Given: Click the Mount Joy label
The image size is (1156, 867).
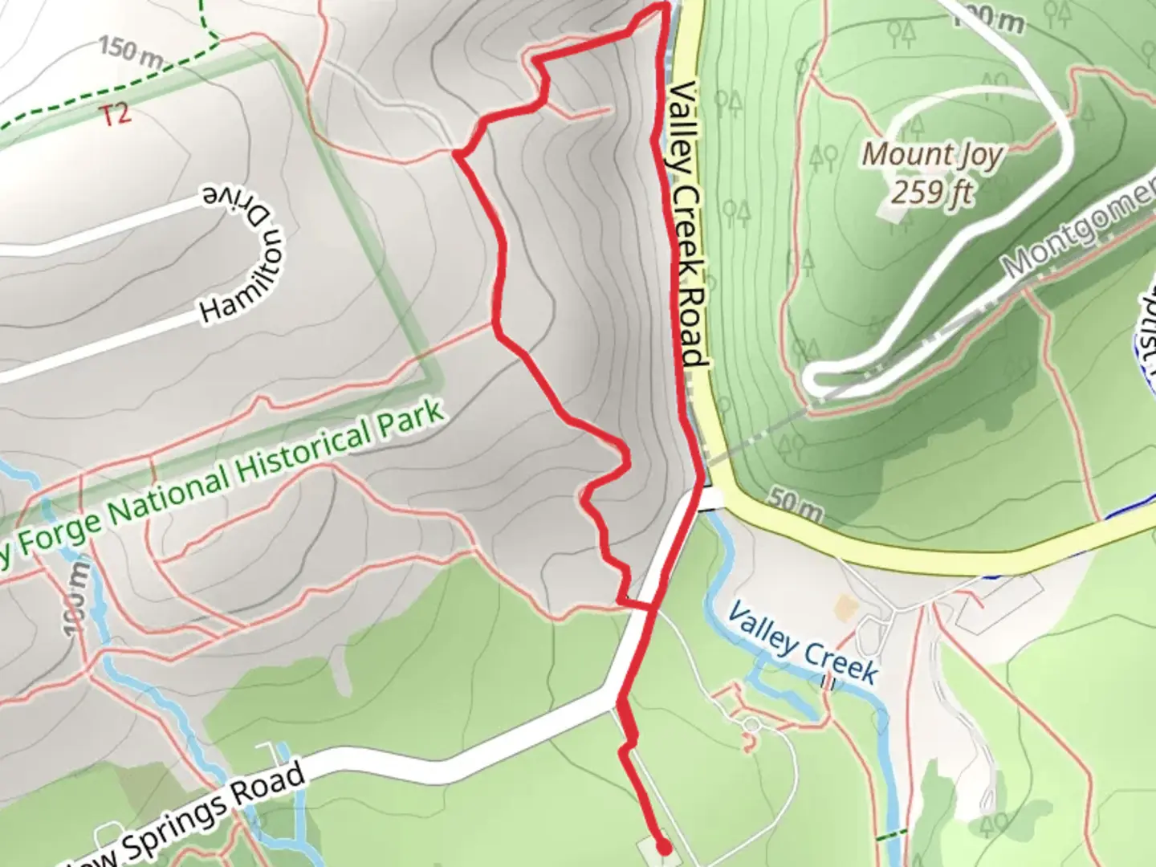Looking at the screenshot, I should click(932, 153).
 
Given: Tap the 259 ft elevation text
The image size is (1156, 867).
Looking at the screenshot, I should click(932, 193).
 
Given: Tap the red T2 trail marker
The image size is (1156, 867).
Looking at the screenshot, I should click(116, 115).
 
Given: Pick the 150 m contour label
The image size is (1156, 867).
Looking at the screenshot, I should click(131, 53).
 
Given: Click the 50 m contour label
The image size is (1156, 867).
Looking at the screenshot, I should click(794, 504).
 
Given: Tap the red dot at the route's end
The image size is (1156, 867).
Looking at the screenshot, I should click(664, 846).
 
